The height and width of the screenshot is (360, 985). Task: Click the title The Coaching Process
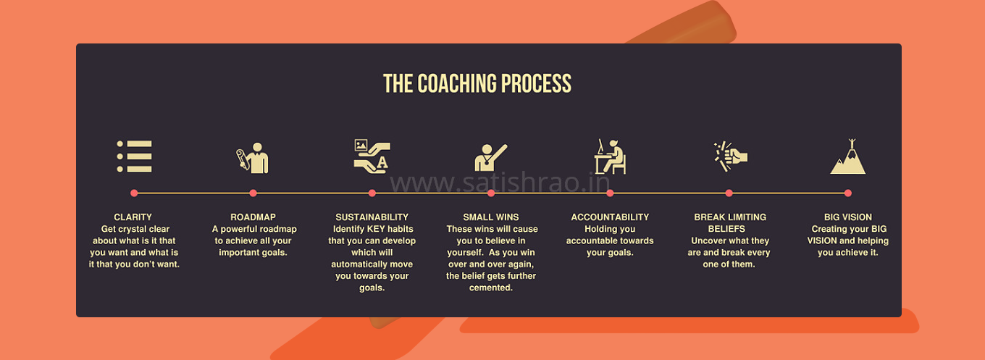coord(477,83)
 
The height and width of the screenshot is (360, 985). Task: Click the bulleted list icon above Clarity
coord(134,156)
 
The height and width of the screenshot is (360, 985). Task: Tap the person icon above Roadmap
coord(252,158)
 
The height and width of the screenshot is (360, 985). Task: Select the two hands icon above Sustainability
coord(372,156)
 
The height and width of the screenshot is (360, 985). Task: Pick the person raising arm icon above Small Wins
coord(490,157)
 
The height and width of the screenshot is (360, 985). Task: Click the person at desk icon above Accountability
coord(610,156)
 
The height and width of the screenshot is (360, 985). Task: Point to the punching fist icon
coord(730,156)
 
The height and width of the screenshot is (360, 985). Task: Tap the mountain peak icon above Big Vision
coord(848,156)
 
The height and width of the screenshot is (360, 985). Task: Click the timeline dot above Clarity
coord(134,193)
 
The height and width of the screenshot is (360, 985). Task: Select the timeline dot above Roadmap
coord(253,193)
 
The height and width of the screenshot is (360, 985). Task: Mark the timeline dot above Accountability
coord(610,193)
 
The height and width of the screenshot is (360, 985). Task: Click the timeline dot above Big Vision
coord(848,193)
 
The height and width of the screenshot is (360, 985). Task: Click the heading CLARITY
coord(133,217)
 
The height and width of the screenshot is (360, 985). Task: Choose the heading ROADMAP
coord(253,217)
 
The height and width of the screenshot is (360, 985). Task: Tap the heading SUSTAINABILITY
coord(372,217)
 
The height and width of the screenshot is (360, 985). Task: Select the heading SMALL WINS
coord(491,217)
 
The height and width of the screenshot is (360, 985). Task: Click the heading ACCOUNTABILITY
coord(610,217)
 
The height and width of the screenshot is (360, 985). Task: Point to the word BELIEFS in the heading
coord(726,229)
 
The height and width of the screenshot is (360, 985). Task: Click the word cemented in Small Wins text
coord(491,288)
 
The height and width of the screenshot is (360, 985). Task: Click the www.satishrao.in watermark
coord(500,183)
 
